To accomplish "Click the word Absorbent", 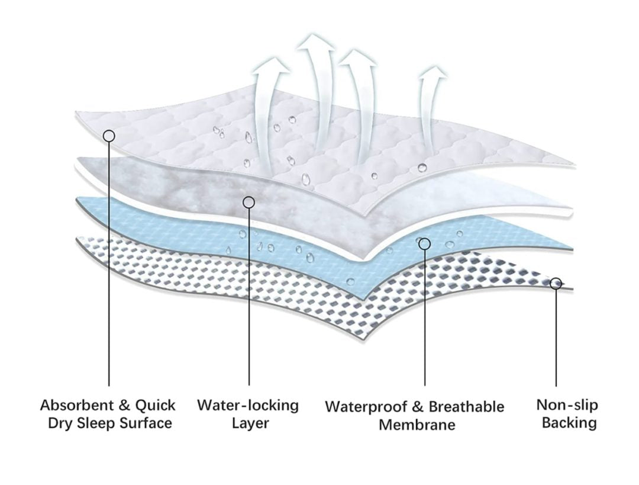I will (x=78, y=406).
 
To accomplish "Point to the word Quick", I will (x=155, y=406).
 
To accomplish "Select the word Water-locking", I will (x=248, y=406).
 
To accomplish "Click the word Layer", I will (x=250, y=423).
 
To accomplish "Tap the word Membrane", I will (x=417, y=425).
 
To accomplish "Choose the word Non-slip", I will (x=567, y=405).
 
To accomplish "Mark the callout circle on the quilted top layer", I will (x=109, y=136).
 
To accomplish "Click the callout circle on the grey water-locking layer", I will (x=249, y=203).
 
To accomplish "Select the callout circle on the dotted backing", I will (x=556, y=284).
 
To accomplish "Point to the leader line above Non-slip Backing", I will (x=556, y=338).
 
